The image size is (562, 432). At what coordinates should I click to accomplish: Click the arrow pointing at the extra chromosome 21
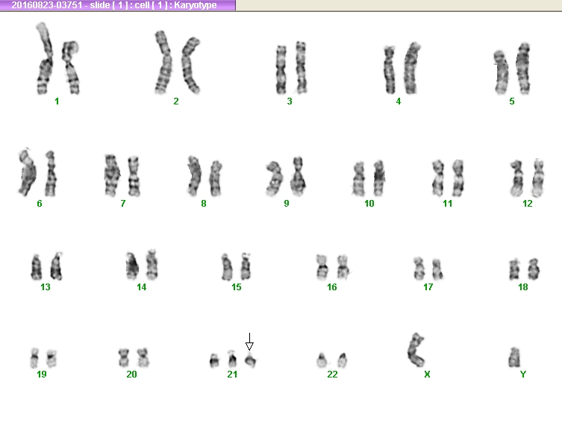point(249,342)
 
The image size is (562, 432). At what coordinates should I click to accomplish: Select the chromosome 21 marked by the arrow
point(251,360)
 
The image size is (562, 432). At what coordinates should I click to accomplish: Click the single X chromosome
point(416,350)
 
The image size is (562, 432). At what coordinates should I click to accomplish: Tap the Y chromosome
point(514,357)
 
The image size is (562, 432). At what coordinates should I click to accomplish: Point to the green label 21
point(232,375)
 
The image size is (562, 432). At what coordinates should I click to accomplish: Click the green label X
point(427,375)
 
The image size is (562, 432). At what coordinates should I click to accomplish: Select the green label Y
point(523,375)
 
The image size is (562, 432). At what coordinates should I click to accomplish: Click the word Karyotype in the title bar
point(196,5)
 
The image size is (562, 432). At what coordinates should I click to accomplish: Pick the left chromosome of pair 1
point(45,59)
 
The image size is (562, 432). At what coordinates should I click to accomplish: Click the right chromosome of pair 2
point(190,65)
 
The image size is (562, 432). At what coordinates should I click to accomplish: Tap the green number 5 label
point(512,101)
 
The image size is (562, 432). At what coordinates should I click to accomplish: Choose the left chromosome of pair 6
point(27,172)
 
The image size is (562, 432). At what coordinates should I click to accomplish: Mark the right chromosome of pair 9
point(298,176)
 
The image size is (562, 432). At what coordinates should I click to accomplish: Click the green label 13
point(46,287)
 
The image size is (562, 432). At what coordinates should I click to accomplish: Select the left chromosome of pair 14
point(132,266)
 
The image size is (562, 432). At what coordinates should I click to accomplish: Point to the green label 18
point(523,287)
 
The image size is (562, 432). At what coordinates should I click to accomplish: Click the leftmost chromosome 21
point(214,360)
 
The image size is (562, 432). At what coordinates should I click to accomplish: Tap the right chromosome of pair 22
point(343,360)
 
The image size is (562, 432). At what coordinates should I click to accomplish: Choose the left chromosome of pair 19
point(34,358)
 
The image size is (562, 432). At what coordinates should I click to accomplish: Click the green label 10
point(369,204)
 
